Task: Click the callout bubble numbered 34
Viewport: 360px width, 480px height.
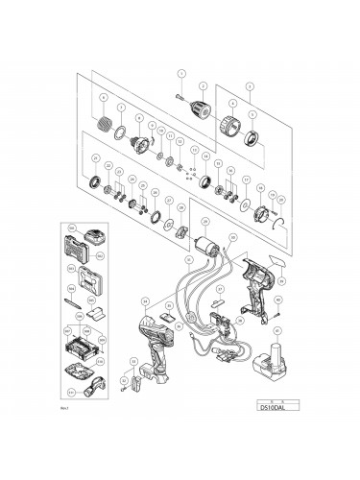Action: pyautogui.click(x=144, y=300)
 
